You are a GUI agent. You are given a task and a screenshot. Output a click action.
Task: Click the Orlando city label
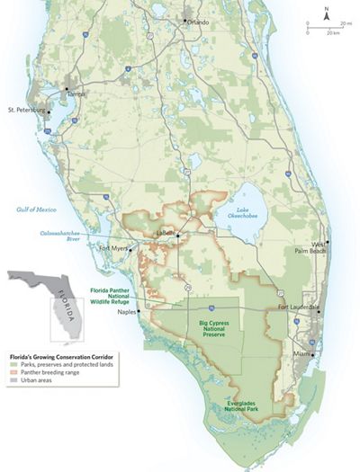coord(197,22)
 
